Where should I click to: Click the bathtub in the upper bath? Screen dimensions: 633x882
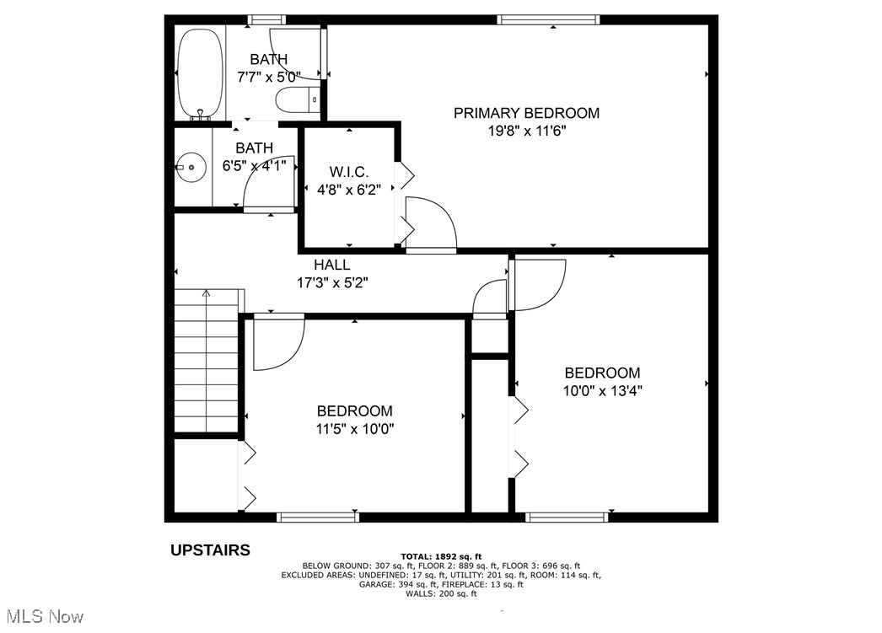[x=201, y=74]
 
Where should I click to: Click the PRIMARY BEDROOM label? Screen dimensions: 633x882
[x=526, y=113]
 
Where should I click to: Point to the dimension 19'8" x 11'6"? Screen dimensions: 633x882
[x=526, y=131]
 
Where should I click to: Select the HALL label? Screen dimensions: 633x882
[x=332, y=265]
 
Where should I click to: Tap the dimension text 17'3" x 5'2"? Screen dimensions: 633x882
[x=332, y=283]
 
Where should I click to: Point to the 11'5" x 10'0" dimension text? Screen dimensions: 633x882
[x=355, y=429]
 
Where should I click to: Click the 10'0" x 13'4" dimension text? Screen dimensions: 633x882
[x=602, y=391]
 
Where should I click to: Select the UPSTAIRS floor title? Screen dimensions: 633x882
[x=210, y=550]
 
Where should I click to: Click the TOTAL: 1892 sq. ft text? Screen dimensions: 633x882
[x=440, y=556]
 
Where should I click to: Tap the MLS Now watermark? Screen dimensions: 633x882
[x=42, y=617]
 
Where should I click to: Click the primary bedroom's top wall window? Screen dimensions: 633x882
[x=548, y=19]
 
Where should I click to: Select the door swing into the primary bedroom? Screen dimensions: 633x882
[x=432, y=223]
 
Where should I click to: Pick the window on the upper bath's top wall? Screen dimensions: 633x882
[x=266, y=19]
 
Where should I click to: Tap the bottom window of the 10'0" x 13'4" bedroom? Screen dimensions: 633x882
[x=567, y=517]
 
